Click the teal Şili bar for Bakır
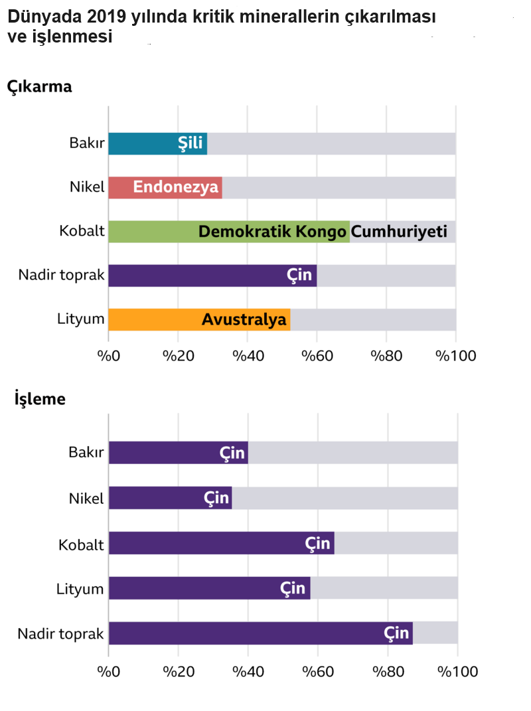coord(157,143)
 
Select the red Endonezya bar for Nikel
coord(165,187)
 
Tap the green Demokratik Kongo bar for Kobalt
coord(228,232)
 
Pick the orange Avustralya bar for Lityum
coord(199,320)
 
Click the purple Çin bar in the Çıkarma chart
coord(212,276)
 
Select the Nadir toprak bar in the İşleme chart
coord(260,633)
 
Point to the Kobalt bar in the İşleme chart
coord(221,543)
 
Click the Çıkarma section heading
coord(39,86)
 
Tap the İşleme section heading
coord(40,399)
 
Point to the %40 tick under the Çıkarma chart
coord(247,356)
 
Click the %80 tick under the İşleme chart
coord(388,671)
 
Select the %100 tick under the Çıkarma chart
coord(455,356)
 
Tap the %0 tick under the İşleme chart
coord(109,671)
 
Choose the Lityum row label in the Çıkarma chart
coord(81,319)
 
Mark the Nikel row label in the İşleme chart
coord(86,498)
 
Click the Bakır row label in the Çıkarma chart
coord(87,143)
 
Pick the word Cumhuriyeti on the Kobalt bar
coord(399,232)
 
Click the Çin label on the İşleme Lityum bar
coord(293,588)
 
